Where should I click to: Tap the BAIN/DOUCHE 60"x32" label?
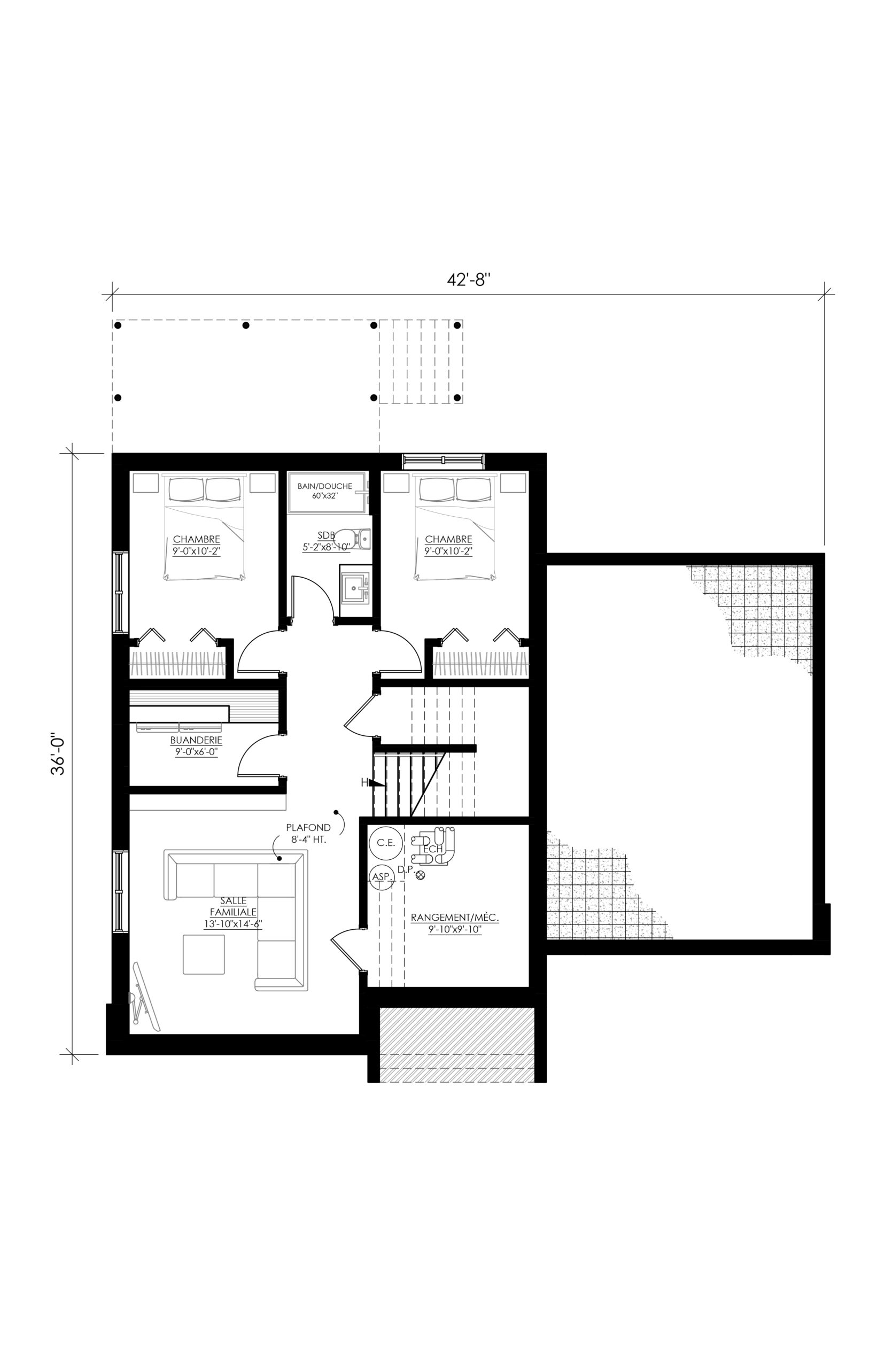click(x=325, y=491)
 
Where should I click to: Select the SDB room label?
click(x=326, y=535)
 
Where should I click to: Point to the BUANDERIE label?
click(x=196, y=741)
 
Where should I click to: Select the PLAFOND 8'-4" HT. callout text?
click(x=308, y=834)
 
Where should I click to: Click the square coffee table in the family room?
click(x=204, y=954)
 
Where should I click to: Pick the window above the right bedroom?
click(x=444, y=460)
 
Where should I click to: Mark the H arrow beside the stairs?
click(x=372, y=782)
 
